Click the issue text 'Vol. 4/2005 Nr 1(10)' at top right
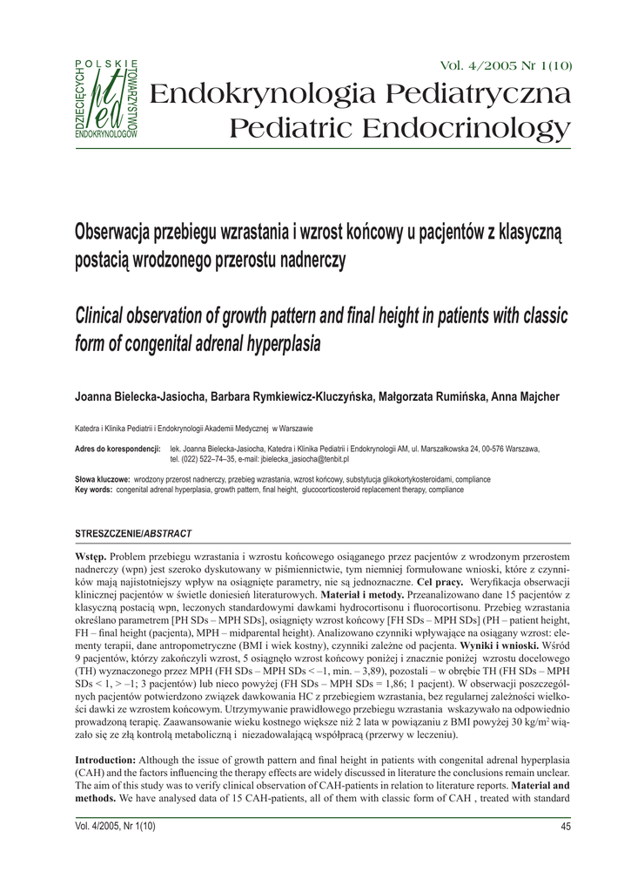507,66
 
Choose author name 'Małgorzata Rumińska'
430,397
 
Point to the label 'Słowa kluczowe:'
103,480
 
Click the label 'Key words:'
95,490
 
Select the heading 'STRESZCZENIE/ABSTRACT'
133,532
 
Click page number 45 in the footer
565,827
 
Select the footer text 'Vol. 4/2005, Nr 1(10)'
115,827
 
